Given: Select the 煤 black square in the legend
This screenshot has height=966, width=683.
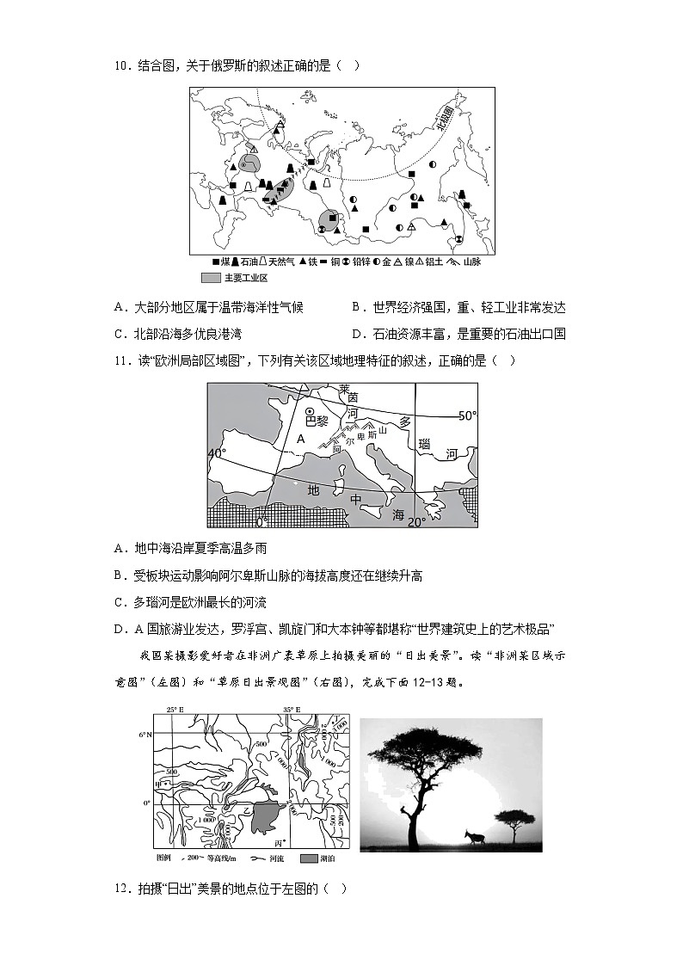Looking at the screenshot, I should pos(215,261).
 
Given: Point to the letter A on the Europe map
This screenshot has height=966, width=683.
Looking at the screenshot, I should pos(300,438).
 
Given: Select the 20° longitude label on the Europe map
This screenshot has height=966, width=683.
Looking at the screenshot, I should pos(416,521).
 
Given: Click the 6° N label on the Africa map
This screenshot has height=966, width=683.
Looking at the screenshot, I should pos(144,735).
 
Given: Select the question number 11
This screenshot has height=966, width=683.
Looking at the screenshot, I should pos(120,360).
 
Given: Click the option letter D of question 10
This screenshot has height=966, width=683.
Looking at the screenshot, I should pos(357,334).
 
